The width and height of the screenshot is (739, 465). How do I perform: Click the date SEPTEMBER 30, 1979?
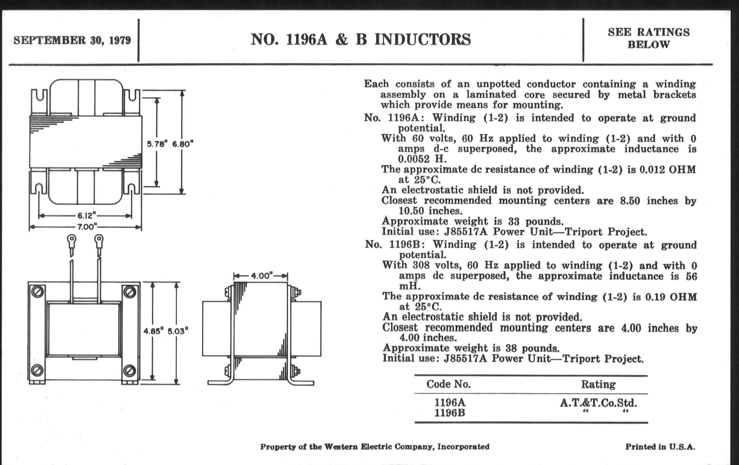72,40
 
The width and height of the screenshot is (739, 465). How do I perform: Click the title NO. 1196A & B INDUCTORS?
361,40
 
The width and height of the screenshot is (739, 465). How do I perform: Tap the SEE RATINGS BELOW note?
649,38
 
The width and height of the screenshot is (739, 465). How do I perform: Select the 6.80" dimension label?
183,144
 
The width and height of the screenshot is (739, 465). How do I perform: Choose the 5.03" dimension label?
177,331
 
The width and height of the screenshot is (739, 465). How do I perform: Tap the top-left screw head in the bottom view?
37,291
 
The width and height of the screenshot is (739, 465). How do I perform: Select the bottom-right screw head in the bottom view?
129,371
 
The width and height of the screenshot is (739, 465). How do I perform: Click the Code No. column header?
449,384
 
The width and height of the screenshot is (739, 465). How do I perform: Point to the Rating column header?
598,384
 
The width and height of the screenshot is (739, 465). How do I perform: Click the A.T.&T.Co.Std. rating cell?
598,403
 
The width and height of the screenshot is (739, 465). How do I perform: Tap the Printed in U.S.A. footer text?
660,447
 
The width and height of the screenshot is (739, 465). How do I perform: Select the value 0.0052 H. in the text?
422,159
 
